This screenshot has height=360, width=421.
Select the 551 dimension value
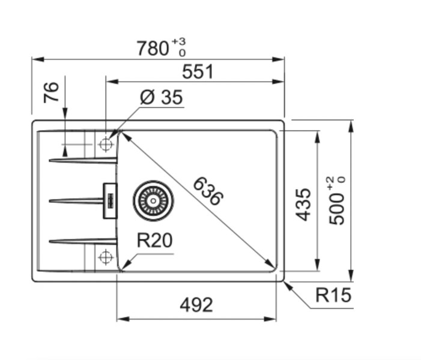point(198,72)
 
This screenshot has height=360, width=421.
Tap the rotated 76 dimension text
point(52,92)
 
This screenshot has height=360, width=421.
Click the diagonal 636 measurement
point(208,191)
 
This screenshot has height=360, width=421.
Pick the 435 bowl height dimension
point(304,204)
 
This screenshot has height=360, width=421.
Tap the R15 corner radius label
point(333,295)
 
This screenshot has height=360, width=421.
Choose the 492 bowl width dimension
point(196,305)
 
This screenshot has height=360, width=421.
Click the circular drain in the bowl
point(153,200)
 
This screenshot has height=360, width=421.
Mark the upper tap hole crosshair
point(106,145)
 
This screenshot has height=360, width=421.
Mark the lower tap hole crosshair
point(106,257)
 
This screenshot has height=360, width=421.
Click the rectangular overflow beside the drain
point(110,200)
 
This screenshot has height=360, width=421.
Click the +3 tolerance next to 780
point(178,42)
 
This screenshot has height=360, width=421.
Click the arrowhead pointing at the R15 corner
point(288,284)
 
